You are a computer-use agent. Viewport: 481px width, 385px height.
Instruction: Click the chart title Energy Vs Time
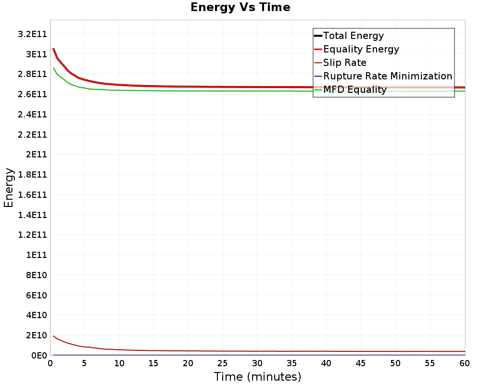[x=240, y=7]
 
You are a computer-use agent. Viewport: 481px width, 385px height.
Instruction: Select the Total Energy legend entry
[x=349, y=36]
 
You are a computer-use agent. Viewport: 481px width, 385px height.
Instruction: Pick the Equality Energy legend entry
[x=357, y=49]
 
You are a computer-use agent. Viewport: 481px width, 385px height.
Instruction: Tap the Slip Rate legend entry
[x=341, y=63]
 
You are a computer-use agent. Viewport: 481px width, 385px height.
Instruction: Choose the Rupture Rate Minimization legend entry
[x=383, y=76]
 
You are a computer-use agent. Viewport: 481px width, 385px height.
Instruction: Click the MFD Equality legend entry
[x=350, y=90]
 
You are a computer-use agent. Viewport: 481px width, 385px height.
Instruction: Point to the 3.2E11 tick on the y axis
[x=33, y=34]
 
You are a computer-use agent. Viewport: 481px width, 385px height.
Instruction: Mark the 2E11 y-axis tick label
[x=37, y=154]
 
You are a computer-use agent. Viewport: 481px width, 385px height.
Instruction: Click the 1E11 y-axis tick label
[x=37, y=255]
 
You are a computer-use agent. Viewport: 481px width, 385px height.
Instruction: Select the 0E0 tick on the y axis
[x=39, y=355]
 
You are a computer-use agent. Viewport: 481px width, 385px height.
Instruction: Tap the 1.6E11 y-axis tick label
[x=33, y=194]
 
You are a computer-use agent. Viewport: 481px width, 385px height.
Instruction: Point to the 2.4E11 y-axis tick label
[x=33, y=115]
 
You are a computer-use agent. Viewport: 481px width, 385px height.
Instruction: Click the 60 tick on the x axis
[x=465, y=363]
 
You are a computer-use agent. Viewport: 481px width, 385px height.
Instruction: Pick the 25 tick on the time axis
[x=223, y=363]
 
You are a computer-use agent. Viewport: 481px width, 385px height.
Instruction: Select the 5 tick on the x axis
[x=84, y=363]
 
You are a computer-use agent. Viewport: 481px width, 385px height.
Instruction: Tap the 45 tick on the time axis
[x=361, y=363]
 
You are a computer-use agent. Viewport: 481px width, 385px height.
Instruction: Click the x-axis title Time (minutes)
[x=257, y=377]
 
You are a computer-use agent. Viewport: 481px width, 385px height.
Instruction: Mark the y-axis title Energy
[x=9, y=188]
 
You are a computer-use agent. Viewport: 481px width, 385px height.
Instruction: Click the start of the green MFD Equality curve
[x=54, y=68]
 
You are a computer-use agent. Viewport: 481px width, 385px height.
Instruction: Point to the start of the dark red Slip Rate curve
[x=54, y=336]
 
